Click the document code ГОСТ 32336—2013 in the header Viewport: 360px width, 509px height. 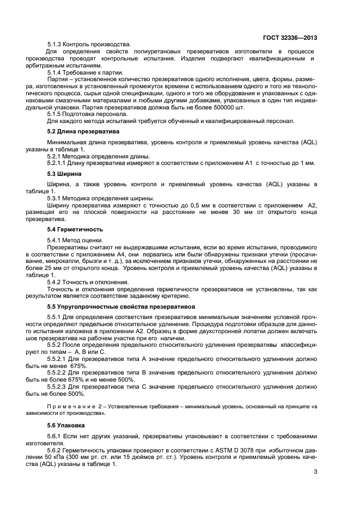pos(290,38)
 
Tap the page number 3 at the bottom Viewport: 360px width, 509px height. pos(315,480)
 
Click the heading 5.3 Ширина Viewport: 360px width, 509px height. pos(64,174)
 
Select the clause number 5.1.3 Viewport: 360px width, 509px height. pos(54,44)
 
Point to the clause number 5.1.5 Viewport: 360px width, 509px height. pos(54,114)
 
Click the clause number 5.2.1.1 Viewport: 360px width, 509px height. pos(58,163)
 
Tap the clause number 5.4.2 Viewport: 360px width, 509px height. pos(54,283)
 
